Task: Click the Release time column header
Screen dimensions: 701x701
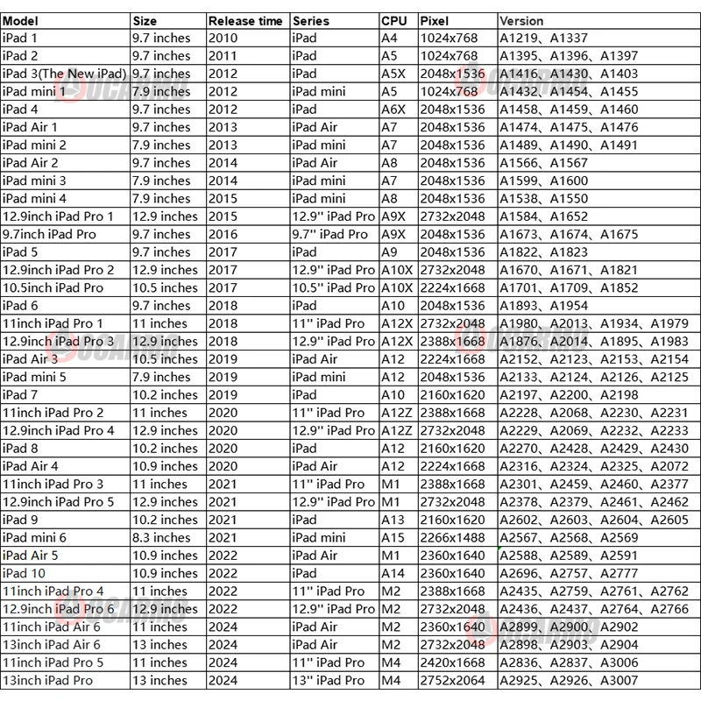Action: coord(245,20)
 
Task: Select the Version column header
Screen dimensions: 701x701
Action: coord(521,20)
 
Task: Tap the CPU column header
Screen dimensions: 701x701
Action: coord(394,20)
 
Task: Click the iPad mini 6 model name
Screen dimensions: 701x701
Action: coord(35,537)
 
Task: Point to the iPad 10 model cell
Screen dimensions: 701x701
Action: coord(27,573)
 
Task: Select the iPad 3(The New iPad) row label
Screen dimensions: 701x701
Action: coord(65,74)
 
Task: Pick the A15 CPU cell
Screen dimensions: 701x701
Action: coord(393,537)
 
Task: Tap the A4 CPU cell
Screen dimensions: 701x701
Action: coord(390,38)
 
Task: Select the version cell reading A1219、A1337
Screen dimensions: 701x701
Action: coord(543,38)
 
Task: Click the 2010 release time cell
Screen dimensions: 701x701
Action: coord(223,38)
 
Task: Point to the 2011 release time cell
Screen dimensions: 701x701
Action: coord(223,56)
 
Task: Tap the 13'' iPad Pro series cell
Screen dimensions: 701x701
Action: coord(329,680)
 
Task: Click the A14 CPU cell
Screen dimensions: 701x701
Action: coord(393,573)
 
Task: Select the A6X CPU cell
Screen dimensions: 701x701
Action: coord(394,110)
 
